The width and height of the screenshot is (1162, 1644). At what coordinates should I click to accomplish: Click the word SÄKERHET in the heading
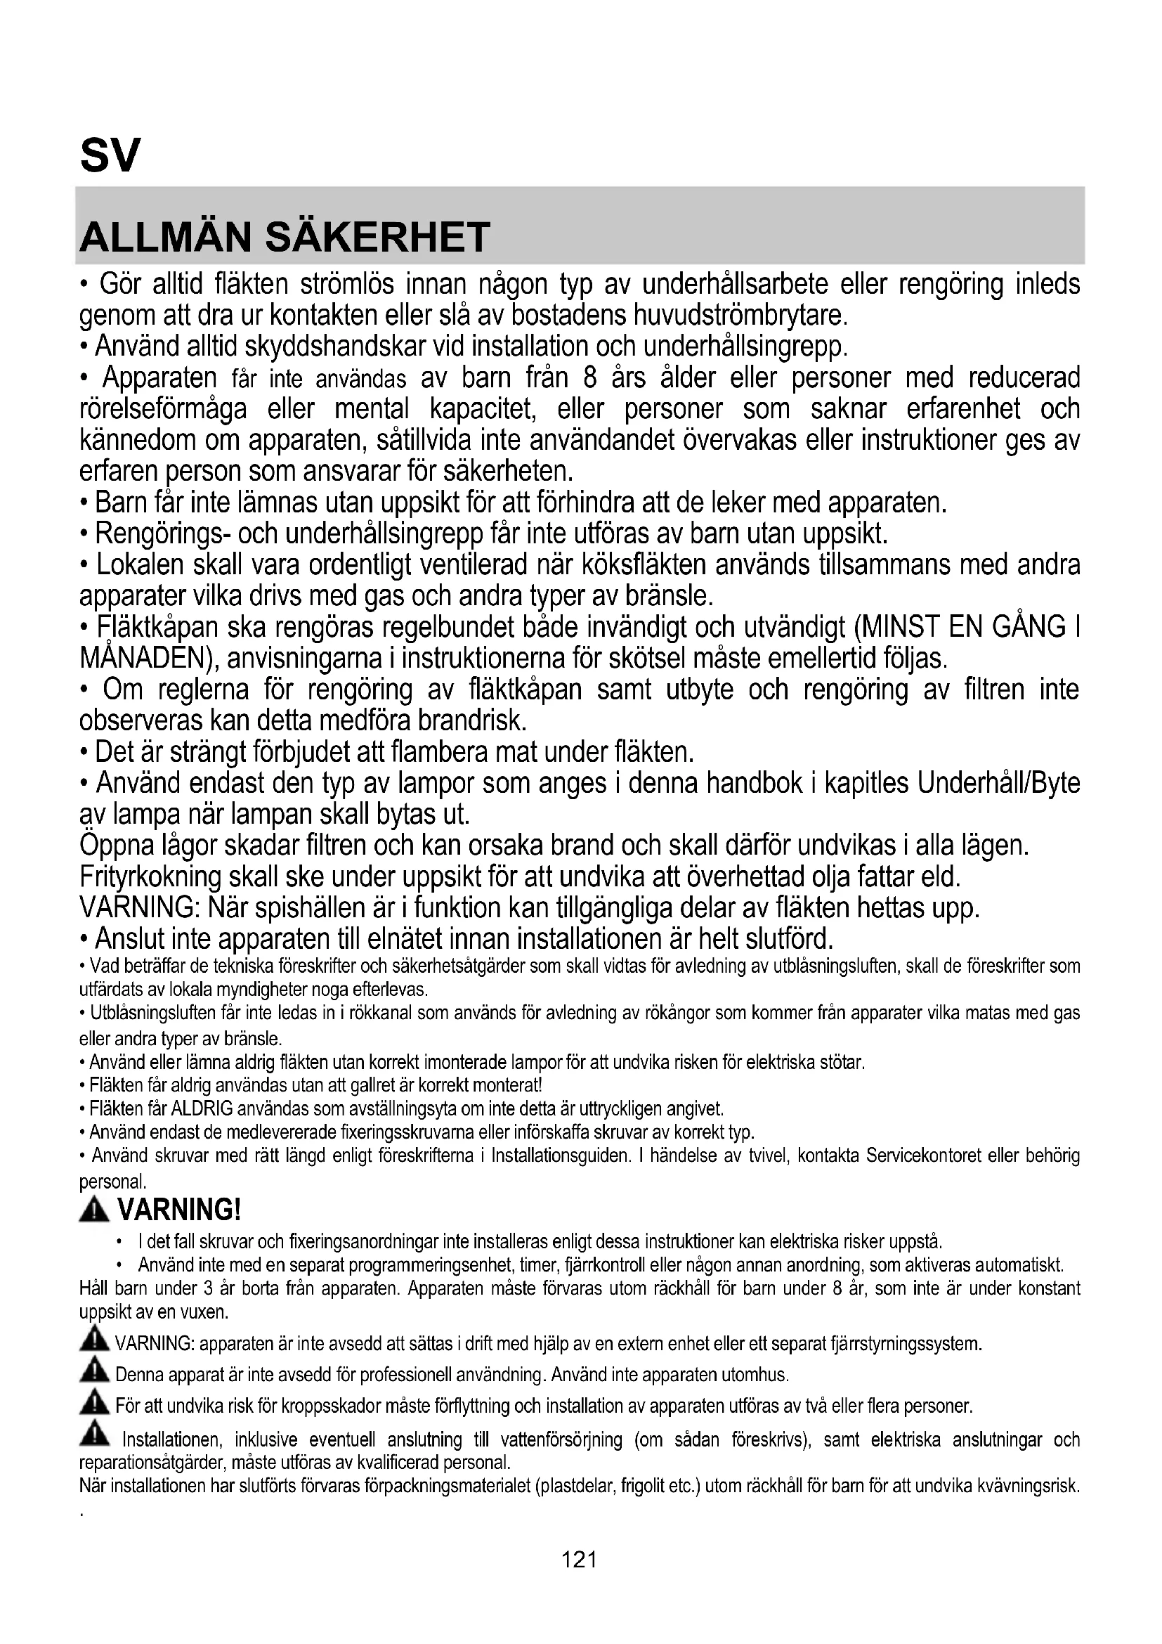[378, 237]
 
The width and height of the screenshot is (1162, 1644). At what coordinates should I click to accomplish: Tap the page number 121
[580, 1559]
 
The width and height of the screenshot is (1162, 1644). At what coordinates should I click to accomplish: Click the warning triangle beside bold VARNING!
[94, 1210]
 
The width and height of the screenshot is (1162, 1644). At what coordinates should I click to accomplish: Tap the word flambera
[441, 752]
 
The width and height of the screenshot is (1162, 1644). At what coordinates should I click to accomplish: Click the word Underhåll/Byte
[999, 783]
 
